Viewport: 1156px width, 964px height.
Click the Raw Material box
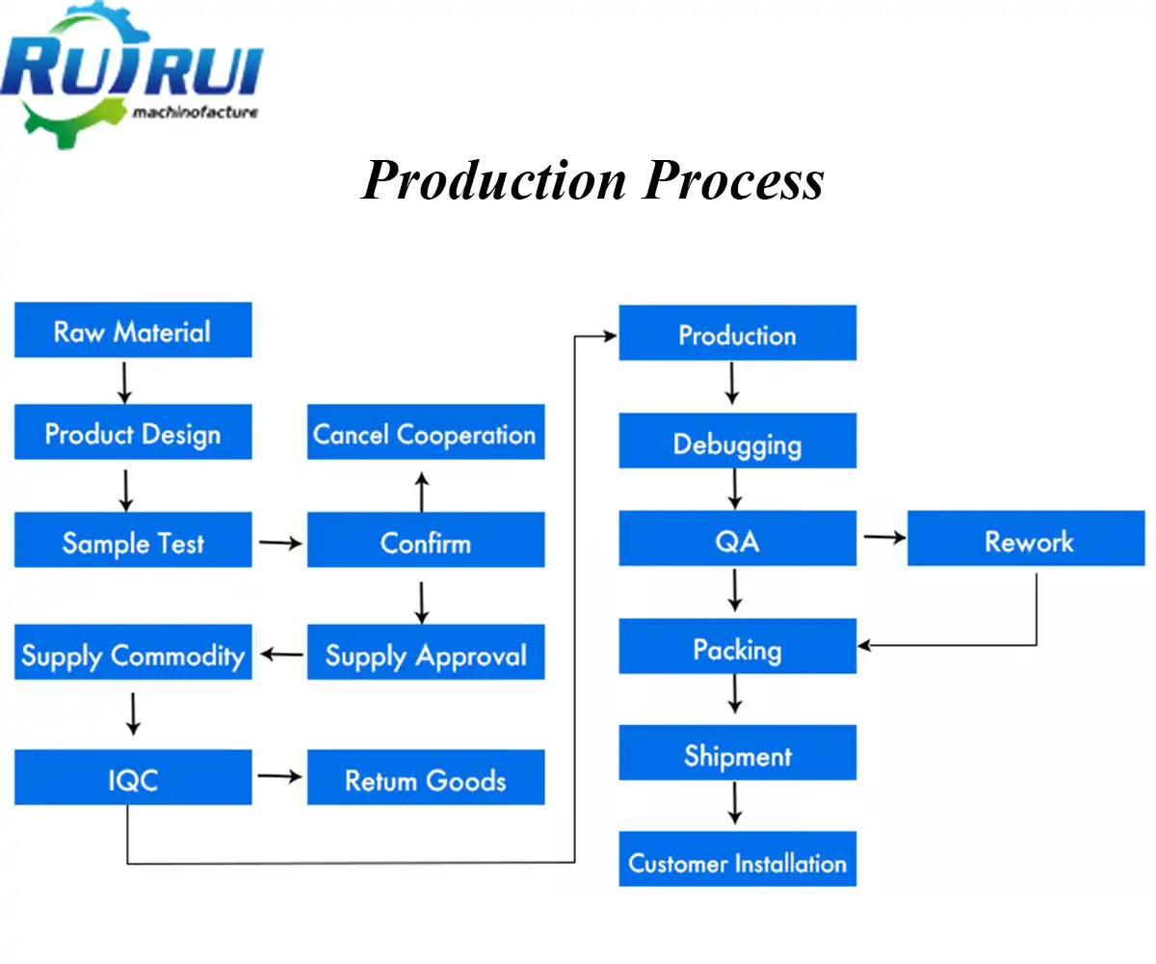(x=133, y=331)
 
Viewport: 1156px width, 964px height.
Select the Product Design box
(x=133, y=433)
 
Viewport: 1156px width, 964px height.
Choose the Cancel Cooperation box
(x=425, y=433)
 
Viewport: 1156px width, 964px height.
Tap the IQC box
(x=133, y=778)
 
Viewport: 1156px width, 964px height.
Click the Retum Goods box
(x=425, y=778)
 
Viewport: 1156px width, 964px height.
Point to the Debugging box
(x=737, y=442)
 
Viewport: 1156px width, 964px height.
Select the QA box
(x=737, y=540)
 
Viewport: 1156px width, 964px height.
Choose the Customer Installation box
(x=737, y=861)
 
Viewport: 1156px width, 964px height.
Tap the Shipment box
(x=737, y=754)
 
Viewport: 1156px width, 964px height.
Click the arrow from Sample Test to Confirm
(x=279, y=543)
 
